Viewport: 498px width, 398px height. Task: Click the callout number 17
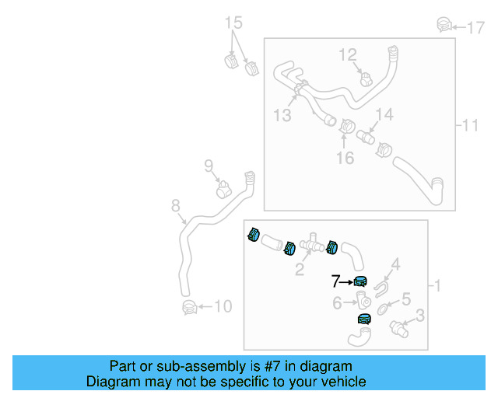coord(475,29)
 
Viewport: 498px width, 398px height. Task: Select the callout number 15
coord(234,23)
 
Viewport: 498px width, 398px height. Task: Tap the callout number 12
coord(347,54)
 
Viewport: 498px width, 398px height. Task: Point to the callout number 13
coord(282,115)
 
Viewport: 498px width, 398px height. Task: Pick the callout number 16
coord(345,158)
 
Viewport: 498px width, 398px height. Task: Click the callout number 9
coord(209,165)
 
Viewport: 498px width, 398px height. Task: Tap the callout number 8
coord(176,206)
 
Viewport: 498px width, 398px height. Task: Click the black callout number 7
coord(336,281)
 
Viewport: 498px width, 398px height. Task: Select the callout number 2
coord(299,270)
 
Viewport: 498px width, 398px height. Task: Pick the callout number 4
coord(395,266)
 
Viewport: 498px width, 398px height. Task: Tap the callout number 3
coord(419,315)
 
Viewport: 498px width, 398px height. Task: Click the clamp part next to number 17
coord(444,25)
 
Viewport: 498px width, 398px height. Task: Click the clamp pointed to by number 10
coord(188,307)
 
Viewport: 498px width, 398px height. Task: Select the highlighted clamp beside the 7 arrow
coord(359,281)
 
